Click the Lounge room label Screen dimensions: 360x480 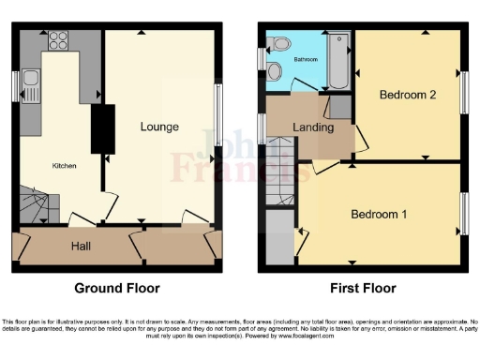point(160,126)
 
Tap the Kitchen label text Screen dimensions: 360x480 point(64,166)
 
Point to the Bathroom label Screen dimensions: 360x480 point(305,59)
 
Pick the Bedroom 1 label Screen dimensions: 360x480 point(379,214)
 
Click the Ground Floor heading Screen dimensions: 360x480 point(118,288)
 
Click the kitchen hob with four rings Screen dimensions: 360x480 point(58,40)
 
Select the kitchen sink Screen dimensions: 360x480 point(31,86)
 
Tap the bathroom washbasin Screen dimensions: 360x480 point(279,42)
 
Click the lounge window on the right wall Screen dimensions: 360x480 point(218,114)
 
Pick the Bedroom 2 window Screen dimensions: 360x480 point(463,93)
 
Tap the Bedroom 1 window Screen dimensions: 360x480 point(463,214)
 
